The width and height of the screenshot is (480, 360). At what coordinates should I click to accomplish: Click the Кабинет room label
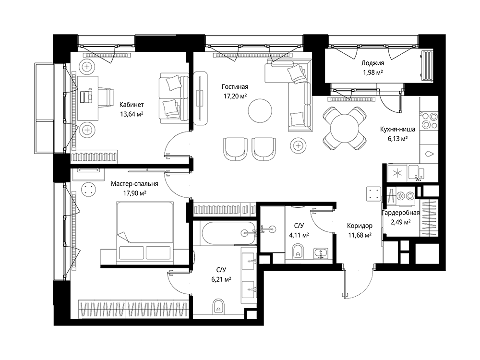[x=132, y=105]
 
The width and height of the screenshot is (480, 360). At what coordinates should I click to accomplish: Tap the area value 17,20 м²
[x=235, y=96]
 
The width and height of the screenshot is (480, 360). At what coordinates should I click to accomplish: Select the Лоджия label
[x=372, y=63]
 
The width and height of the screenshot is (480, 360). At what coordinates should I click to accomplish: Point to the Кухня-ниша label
[x=397, y=129]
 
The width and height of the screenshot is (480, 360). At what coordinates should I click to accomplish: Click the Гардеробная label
[x=401, y=213]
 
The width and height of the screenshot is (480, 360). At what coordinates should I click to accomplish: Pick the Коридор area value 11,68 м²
[x=360, y=235]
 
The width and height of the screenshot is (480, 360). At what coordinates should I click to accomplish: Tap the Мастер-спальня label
[x=134, y=184]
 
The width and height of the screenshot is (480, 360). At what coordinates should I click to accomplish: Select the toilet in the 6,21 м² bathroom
[x=218, y=306]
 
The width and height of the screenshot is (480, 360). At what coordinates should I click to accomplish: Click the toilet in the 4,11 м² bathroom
[x=297, y=251]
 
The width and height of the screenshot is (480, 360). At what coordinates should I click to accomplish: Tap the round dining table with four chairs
[x=345, y=128]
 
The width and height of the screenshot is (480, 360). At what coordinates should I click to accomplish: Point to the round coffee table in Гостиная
[x=260, y=110]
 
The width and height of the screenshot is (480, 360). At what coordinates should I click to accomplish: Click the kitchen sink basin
[x=416, y=173]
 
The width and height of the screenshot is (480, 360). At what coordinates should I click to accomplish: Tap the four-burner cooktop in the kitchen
[x=429, y=121]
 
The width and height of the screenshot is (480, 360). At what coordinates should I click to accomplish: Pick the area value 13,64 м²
[x=132, y=114]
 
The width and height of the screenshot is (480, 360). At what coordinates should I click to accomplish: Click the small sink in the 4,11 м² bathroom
[x=321, y=253]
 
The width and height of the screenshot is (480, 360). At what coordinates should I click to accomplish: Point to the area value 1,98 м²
[x=372, y=72]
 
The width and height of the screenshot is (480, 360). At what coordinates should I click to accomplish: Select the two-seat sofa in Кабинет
[x=174, y=98]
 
